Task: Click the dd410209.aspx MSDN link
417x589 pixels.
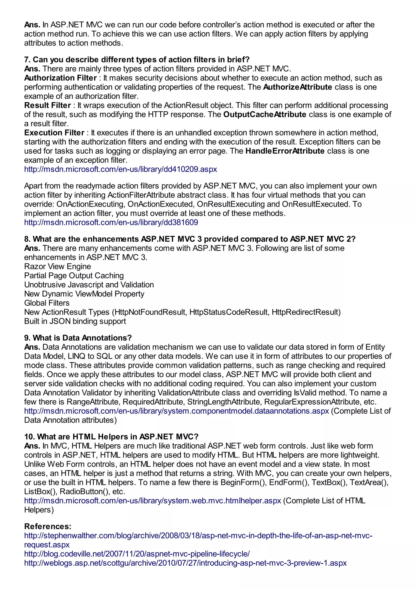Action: (x=120, y=169)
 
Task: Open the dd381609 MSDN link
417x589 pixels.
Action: (x=111, y=222)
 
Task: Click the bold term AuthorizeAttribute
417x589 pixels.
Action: (x=297, y=87)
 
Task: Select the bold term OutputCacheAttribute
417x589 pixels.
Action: (x=265, y=114)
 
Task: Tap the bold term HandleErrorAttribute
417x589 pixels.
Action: (x=285, y=151)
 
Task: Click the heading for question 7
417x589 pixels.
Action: (x=137, y=60)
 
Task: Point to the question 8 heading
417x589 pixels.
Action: (x=190, y=239)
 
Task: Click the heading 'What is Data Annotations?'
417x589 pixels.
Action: (x=78, y=338)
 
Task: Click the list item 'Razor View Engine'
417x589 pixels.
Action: (x=58, y=266)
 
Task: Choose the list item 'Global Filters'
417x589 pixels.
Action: (x=47, y=303)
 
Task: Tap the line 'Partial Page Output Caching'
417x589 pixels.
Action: (x=74, y=276)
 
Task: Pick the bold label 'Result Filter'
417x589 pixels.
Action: (x=47, y=105)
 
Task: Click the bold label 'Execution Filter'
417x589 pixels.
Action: (x=54, y=133)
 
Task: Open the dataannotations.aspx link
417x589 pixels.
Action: (x=176, y=411)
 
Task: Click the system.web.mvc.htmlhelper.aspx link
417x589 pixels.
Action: (x=153, y=501)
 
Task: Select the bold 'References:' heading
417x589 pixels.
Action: (x=48, y=526)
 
